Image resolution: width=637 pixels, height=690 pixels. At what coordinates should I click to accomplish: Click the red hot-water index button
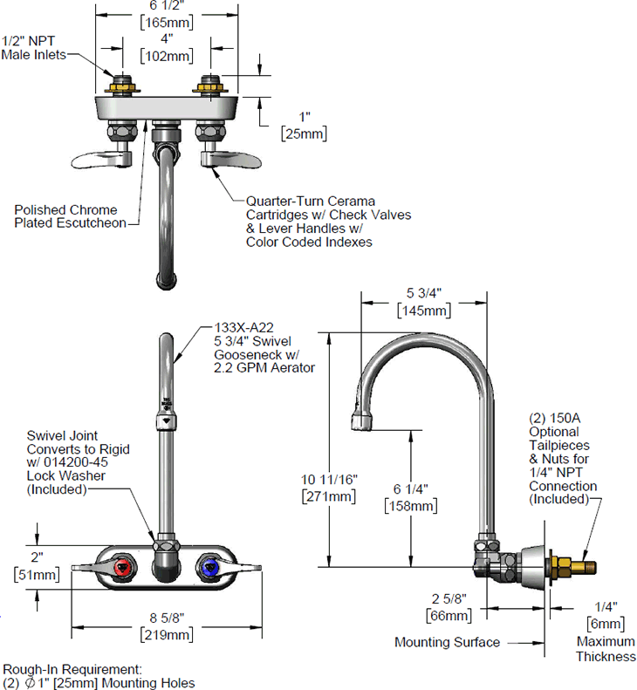(123, 568)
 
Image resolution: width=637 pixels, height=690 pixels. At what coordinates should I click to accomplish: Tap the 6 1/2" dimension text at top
(167, 5)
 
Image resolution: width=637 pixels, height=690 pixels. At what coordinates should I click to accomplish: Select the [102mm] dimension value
(167, 57)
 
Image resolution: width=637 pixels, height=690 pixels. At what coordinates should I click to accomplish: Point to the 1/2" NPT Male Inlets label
(33, 47)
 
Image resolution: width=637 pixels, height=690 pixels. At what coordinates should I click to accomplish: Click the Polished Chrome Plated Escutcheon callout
(70, 216)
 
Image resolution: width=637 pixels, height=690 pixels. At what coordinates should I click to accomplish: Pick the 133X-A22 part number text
(243, 328)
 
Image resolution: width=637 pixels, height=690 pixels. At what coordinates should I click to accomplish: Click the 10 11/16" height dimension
(329, 479)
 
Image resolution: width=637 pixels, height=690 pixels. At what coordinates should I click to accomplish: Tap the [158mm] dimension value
(411, 506)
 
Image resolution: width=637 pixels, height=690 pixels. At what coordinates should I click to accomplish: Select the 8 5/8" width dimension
(167, 618)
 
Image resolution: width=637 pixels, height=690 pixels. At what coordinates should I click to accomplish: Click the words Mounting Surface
(447, 643)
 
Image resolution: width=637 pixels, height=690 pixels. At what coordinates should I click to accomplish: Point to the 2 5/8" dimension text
(449, 599)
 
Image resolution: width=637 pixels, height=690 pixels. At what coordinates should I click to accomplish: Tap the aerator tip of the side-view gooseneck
(362, 421)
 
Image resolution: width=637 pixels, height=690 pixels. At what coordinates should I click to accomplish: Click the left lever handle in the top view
(102, 161)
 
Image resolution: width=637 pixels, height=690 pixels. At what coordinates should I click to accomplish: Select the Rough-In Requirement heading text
(72, 670)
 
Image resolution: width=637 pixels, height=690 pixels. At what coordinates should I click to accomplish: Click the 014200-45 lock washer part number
(75, 462)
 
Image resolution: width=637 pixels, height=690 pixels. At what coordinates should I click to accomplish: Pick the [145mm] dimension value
(424, 311)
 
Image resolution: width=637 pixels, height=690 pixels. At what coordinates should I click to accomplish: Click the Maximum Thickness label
(606, 649)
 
